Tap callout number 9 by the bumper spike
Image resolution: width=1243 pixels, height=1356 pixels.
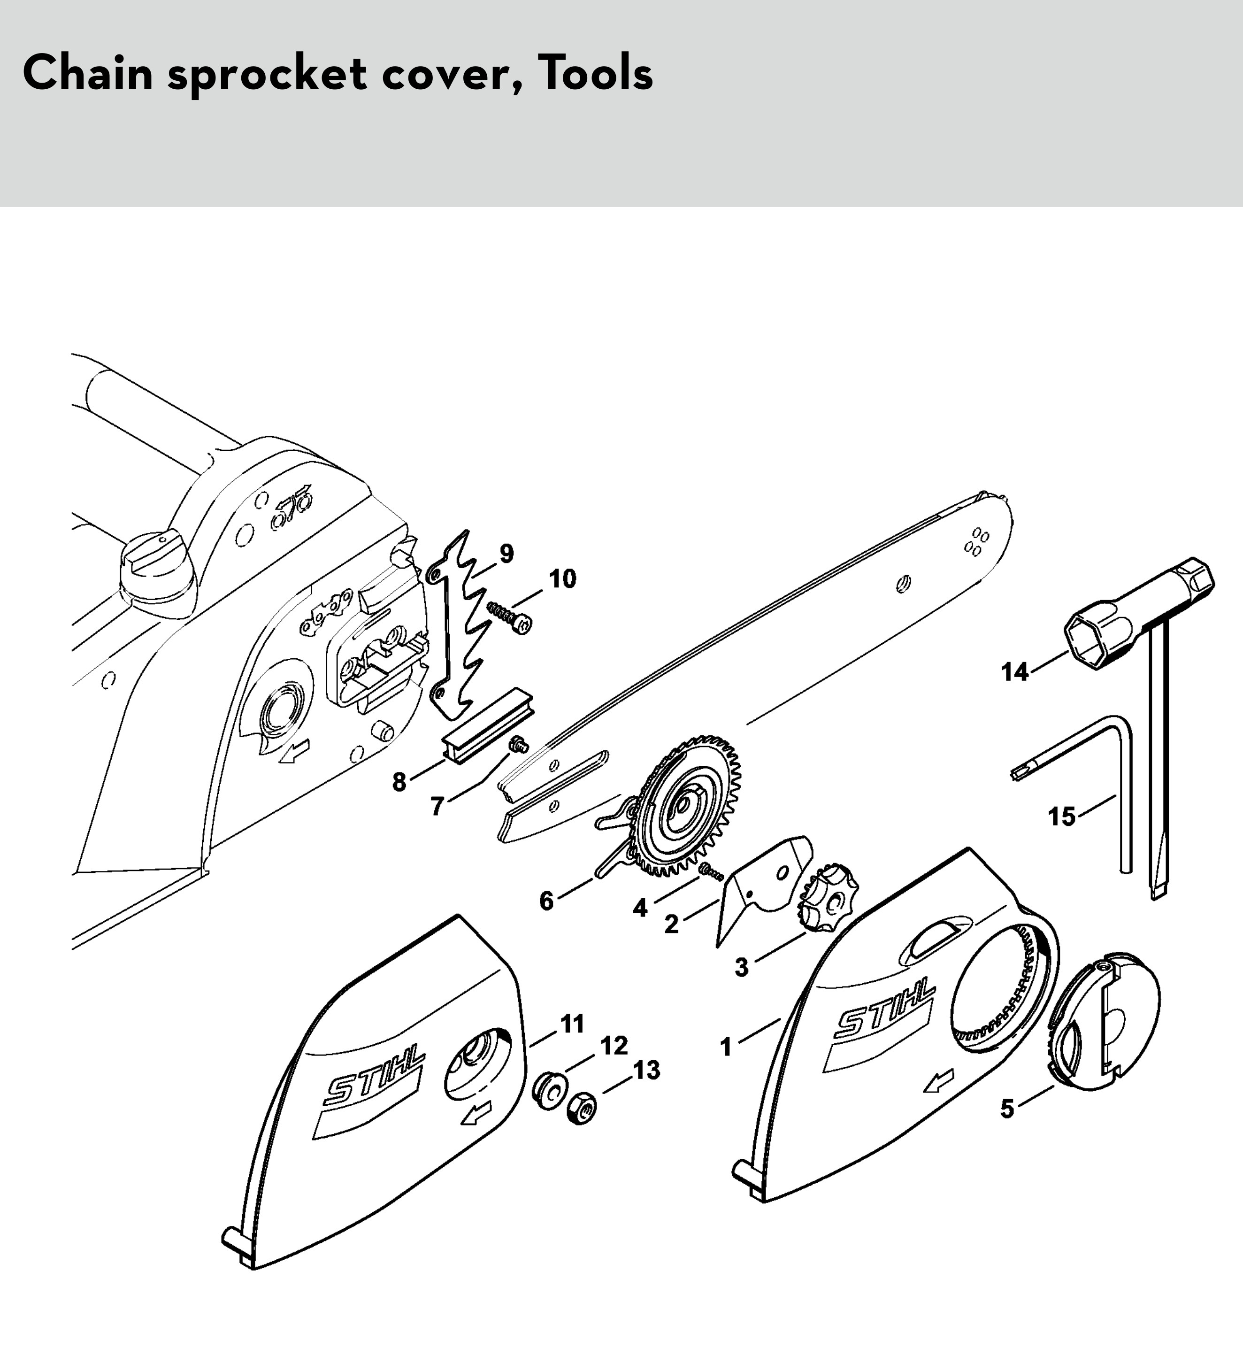(506, 553)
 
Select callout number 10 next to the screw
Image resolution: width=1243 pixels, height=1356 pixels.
(562, 578)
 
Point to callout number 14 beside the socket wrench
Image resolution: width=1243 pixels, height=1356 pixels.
(1015, 671)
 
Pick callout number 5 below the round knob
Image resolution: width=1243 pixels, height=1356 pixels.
(1007, 1109)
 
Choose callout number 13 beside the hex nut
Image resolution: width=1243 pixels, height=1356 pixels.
(646, 1070)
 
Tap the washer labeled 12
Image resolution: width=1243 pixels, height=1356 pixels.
(549, 1092)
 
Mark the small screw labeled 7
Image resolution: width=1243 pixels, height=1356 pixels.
(519, 743)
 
